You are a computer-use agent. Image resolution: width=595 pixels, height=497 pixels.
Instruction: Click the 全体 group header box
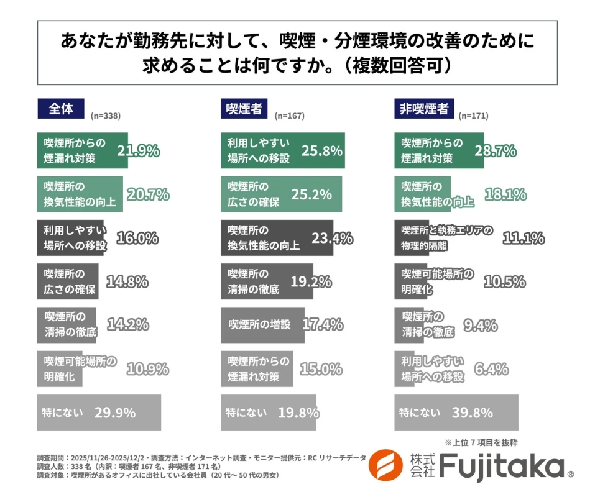(60, 109)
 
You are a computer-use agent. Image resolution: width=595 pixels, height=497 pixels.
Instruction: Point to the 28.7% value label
(496, 150)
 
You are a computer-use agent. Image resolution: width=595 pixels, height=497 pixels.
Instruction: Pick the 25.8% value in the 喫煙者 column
(322, 150)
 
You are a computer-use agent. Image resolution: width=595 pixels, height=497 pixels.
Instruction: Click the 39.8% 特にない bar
(456, 413)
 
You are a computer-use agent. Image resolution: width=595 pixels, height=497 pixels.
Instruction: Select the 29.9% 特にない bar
(99, 413)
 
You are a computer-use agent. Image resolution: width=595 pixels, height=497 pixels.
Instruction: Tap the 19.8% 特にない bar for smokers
(269, 413)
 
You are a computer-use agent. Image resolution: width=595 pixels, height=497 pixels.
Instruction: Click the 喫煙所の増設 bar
(263, 324)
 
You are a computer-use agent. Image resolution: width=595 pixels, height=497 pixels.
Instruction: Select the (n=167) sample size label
(289, 116)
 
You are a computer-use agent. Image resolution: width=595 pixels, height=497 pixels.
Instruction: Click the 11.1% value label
(524, 238)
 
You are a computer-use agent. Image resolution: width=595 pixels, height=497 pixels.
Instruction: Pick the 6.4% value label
(491, 369)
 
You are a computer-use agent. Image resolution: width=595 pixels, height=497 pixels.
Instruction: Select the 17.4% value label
(323, 324)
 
